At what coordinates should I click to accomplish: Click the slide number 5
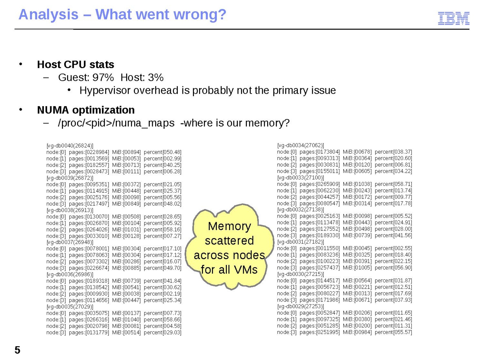17,350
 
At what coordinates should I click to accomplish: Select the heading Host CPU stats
75,64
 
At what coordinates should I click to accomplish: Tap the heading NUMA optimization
86,110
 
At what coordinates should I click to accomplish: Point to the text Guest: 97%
86,77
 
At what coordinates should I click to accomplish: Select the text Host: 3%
142,77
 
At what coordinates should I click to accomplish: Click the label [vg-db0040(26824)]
70,146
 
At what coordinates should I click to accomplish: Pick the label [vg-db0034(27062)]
300,145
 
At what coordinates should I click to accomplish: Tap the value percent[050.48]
162,152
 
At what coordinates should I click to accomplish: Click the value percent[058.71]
393,184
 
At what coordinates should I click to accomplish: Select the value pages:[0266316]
89,319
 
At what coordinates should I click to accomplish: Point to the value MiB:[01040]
126,319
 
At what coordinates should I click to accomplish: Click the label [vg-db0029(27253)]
300,306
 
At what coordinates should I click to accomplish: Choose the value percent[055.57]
393,332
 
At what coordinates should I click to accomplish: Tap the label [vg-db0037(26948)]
70,242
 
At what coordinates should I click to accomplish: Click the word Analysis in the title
48,15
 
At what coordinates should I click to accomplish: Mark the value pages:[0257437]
320,268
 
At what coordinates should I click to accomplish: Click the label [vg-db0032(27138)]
300,209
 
